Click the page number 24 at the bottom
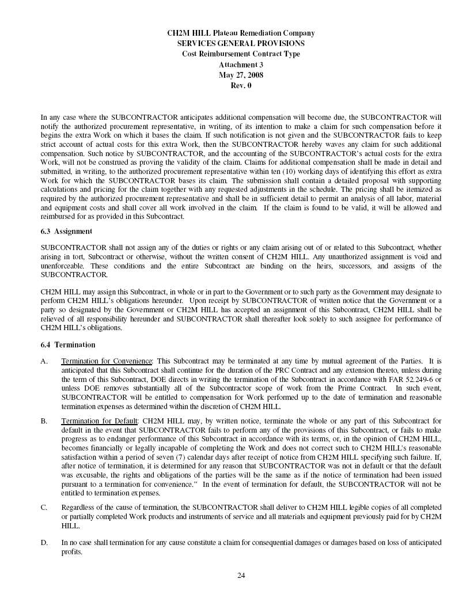(241, 575)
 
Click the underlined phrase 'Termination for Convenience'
(107, 361)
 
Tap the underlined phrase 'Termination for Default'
(100, 421)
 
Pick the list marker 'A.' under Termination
(44, 361)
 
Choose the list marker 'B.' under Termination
(44, 421)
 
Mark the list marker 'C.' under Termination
(44, 507)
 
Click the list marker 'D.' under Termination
(44, 543)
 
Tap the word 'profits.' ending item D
(72, 552)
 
